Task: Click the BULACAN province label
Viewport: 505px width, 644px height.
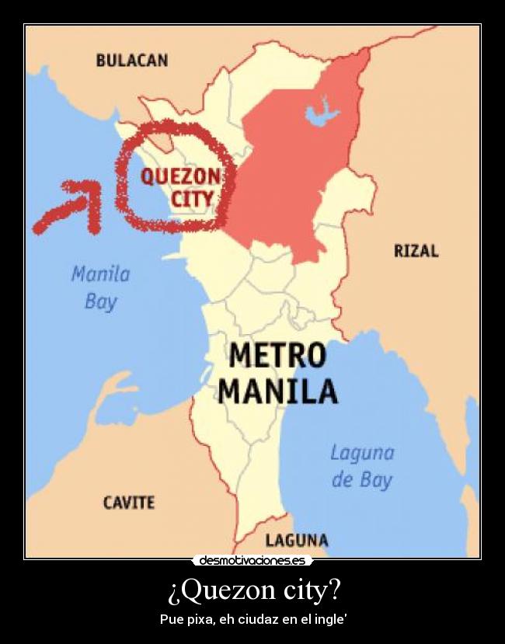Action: pyautogui.click(x=131, y=61)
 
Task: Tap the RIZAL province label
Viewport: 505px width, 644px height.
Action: pyautogui.click(x=416, y=251)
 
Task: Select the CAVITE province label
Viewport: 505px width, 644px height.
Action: pyautogui.click(x=129, y=503)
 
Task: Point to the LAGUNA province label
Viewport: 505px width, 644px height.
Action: pyautogui.click(x=297, y=540)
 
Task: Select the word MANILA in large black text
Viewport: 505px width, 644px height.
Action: pyautogui.click(x=277, y=391)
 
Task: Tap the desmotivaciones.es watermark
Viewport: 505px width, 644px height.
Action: pyautogui.click(x=252, y=560)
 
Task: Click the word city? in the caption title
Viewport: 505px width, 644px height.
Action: pyautogui.click(x=306, y=591)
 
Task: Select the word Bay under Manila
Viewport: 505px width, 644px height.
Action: pyautogui.click(x=100, y=301)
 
